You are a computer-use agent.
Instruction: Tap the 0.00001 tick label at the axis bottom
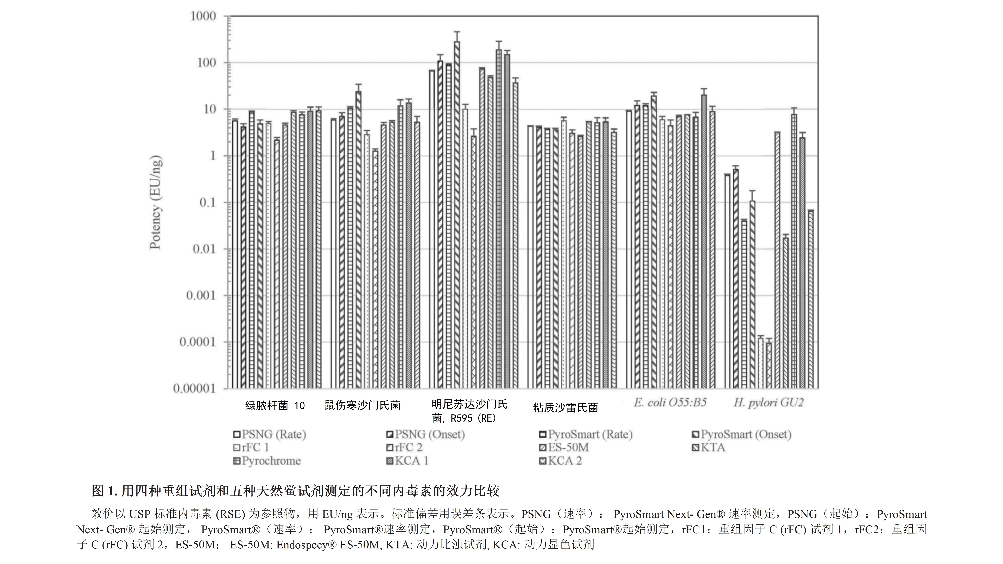click(194, 388)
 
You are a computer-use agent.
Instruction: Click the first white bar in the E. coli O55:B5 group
click(629, 249)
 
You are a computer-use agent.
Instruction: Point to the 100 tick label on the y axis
click(206, 63)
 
